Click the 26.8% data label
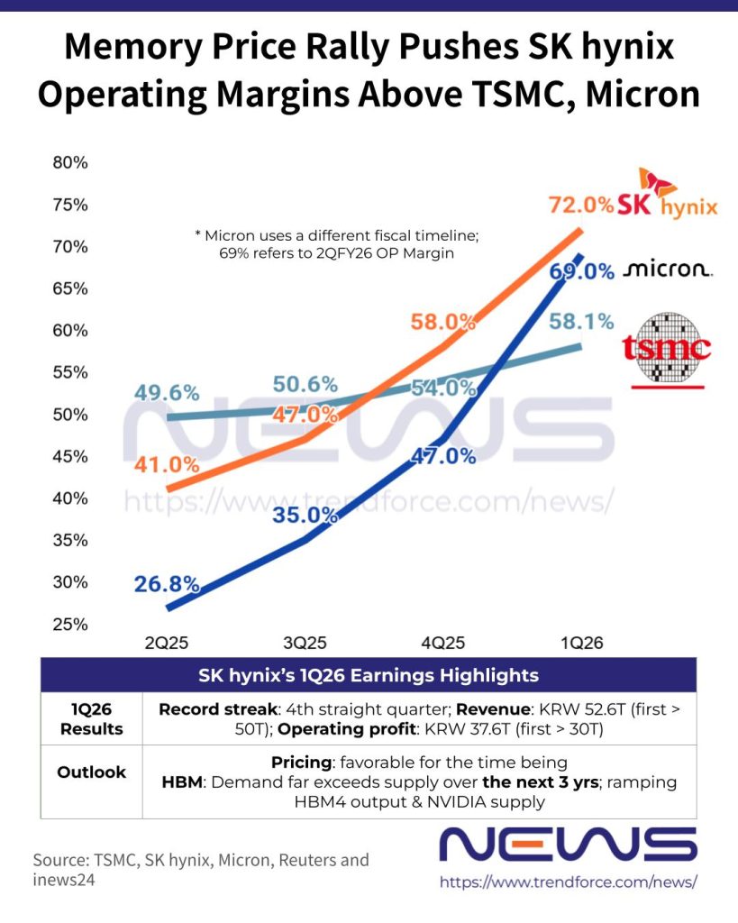pos(167,584)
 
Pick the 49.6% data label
pos(167,393)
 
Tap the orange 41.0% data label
pos(166,465)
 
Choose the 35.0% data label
pos(305,516)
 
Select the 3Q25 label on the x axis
pos(305,644)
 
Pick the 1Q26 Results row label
pos(91,718)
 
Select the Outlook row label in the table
pos(91,772)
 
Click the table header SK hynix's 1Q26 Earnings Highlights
pos(369,675)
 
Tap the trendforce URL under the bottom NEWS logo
pos(569,882)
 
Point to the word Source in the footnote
pos(59,859)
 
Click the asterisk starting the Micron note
pos(197,235)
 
